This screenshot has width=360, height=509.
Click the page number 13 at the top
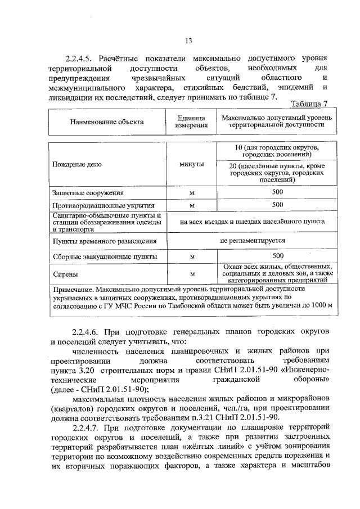click(188, 40)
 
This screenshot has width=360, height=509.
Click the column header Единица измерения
click(192, 122)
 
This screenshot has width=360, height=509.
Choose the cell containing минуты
click(192, 164)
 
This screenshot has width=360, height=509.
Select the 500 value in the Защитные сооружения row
click(277, 192)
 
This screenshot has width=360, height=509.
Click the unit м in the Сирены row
click(192, 274)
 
